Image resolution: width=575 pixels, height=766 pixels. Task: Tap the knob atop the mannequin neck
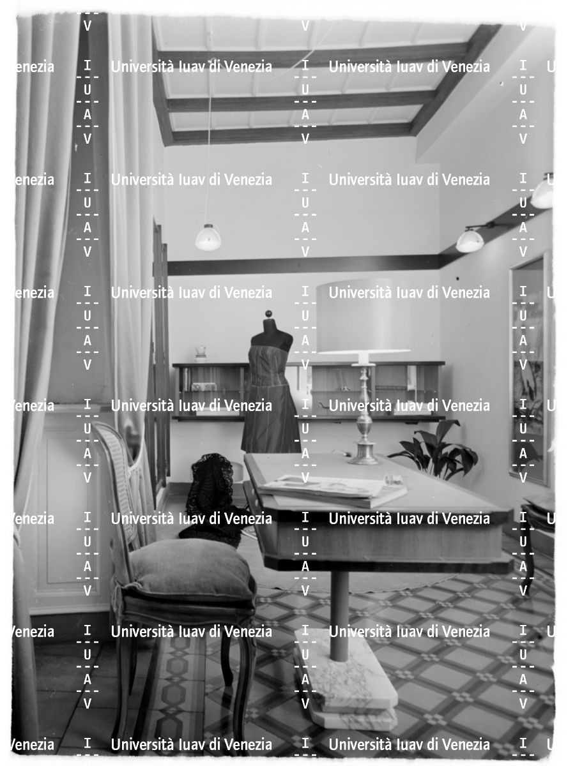268,313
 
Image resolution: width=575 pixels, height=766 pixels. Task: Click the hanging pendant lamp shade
208,237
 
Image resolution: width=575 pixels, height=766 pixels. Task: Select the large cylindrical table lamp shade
363,317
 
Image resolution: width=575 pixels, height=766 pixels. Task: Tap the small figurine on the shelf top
201,353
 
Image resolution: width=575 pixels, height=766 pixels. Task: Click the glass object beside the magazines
394,480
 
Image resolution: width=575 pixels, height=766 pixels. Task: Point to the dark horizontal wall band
303,266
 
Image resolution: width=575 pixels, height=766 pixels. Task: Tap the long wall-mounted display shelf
309,391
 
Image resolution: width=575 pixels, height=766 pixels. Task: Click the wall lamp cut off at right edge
543,193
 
